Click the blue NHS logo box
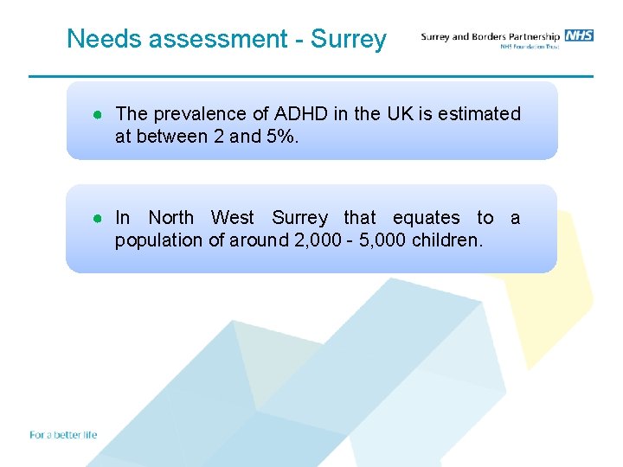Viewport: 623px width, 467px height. (x=579, y=35)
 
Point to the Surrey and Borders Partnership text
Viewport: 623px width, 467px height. (x=490, y=36)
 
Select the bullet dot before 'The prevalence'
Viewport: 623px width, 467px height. (x=100, y=114)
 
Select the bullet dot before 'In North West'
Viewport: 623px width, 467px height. (x=100, y=218)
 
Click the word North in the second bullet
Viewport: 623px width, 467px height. (x=170, y=218)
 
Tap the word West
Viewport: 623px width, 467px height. (x=233, y=218)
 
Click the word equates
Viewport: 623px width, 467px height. (x=427, y=218)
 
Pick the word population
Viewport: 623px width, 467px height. (x=159, y=240)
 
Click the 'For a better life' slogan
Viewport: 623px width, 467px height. (x=63, y=435)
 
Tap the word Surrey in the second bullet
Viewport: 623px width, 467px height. (x=300, y=218)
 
